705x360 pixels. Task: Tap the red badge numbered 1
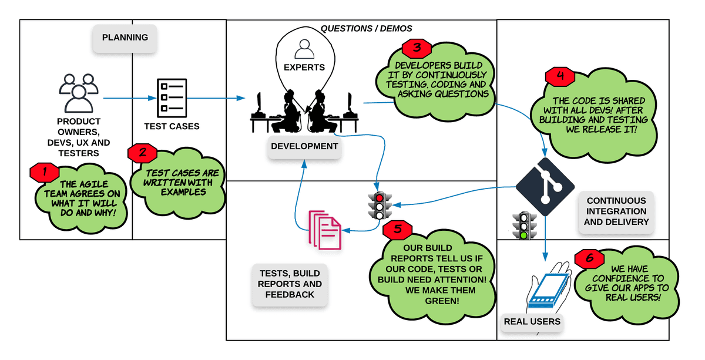tap(43, 173)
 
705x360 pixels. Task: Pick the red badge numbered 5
tap(398, 230)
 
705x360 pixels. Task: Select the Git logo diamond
tap(545, 187)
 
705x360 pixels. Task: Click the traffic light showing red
tap(380, 206)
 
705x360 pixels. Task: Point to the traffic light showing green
tap(523, 226)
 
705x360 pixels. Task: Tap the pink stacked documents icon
tap(325, 230)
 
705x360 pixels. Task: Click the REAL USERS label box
tap(532, 322)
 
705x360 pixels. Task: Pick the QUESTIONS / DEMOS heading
tap(366, 28)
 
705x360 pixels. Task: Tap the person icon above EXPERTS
tap(304, 49)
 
